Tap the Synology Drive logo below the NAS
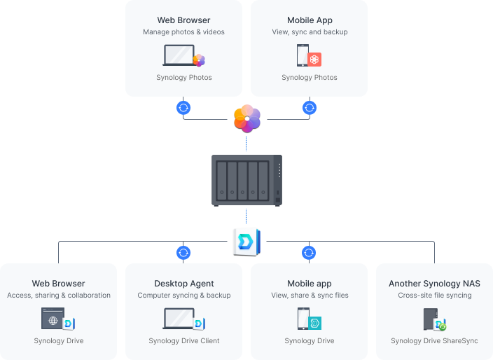click(x=246, y=241)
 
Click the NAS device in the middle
click(x=246, y=180)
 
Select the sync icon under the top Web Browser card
click(x=183, y=108)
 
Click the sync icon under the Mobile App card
click(x=309, y=108)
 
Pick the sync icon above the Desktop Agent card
click(x=183, y=252)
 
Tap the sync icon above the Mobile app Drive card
click(x=309, y=252)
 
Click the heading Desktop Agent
click(x=183, y=284)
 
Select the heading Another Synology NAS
click(x=434, y=284)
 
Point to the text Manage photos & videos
click(x=183, y=32)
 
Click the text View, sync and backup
click(x=310, y=32)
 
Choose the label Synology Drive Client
click(x=183, y=341)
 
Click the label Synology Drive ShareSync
click(x=434, y=341)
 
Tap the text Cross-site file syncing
click(x=434, y=296)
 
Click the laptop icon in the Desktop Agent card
click(x=179, y=319)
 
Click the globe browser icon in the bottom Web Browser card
click(x=53, y=319)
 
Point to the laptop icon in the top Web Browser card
click(x=179, y=55)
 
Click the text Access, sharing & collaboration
click(x=59, y=296)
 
